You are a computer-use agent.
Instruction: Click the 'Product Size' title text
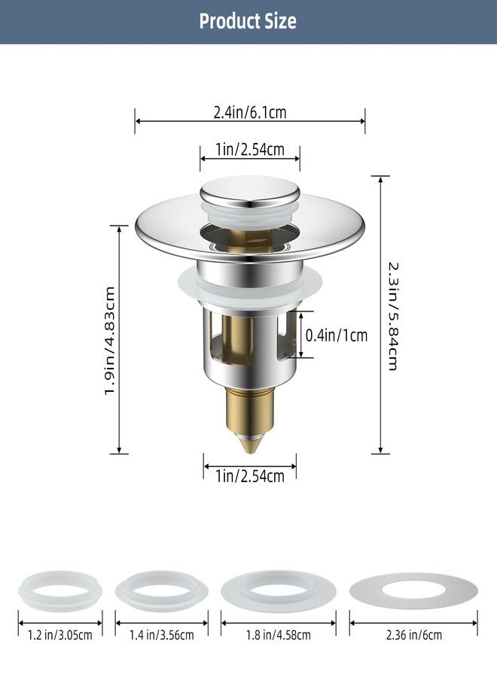(248, 21)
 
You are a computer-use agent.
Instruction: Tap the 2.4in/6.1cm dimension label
(250, 114)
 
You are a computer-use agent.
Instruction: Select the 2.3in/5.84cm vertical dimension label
(393, 315)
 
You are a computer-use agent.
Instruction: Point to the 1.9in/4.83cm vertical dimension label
(111, 338)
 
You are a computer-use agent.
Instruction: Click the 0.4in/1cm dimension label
(337, 335)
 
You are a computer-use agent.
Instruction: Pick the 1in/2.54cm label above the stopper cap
(249, 150)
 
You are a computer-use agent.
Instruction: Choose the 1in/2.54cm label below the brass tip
(249, 475)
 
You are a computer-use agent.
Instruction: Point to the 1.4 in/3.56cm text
(161, 635)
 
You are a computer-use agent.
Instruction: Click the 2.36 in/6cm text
(413, 635)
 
